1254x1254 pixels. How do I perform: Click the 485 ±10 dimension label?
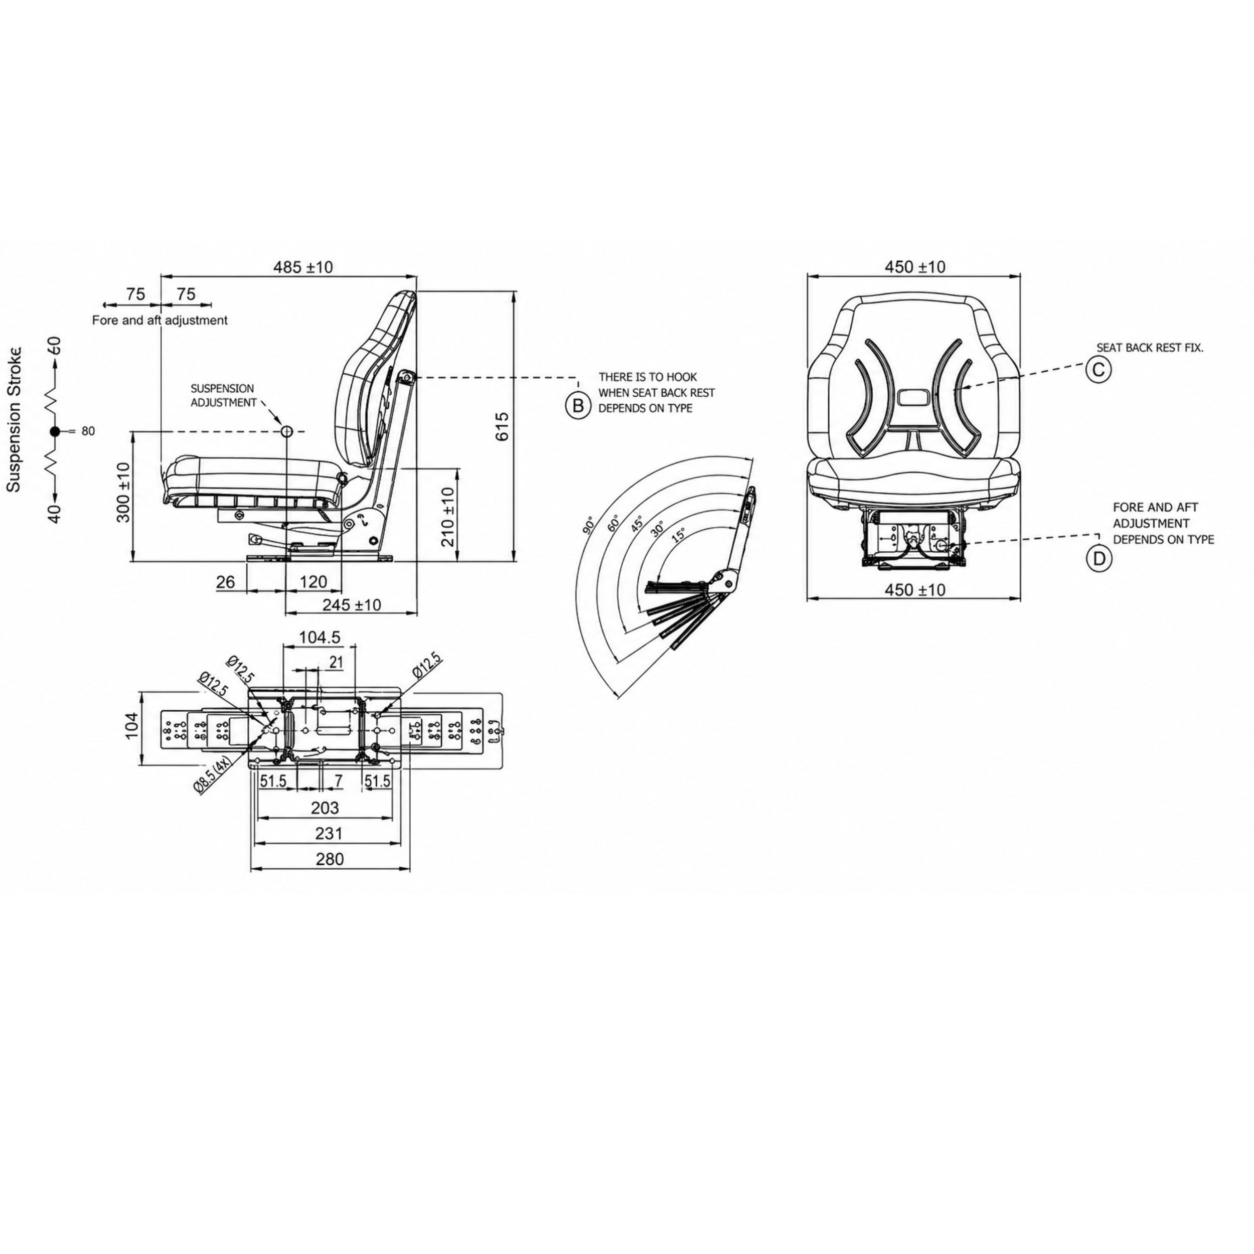302,267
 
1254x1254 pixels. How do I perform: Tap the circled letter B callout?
577,406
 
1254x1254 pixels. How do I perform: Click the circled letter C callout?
1098,369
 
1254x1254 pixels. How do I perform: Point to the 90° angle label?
589,525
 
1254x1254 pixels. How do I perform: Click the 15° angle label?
678,534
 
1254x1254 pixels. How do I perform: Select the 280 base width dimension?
330,859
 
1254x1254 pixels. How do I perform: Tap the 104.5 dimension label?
320,638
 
